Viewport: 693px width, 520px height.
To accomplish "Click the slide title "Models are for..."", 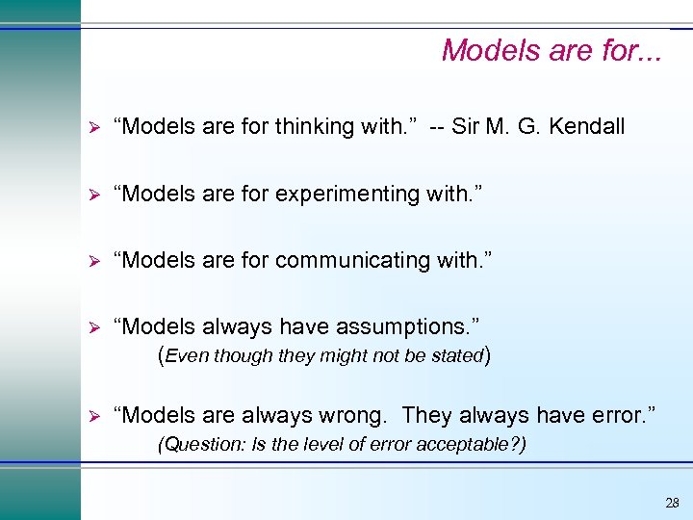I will [x=552, y=50].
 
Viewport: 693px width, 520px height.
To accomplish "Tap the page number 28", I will [x=672, y=503].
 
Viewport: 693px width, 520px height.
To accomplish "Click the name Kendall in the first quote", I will [x=589, y=126].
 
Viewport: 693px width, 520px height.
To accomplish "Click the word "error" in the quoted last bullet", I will [x=621, y=415].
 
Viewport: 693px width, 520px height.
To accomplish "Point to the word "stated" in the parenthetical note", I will [x=457, y=355].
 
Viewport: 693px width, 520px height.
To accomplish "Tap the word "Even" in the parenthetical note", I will [x=188, y=355].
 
